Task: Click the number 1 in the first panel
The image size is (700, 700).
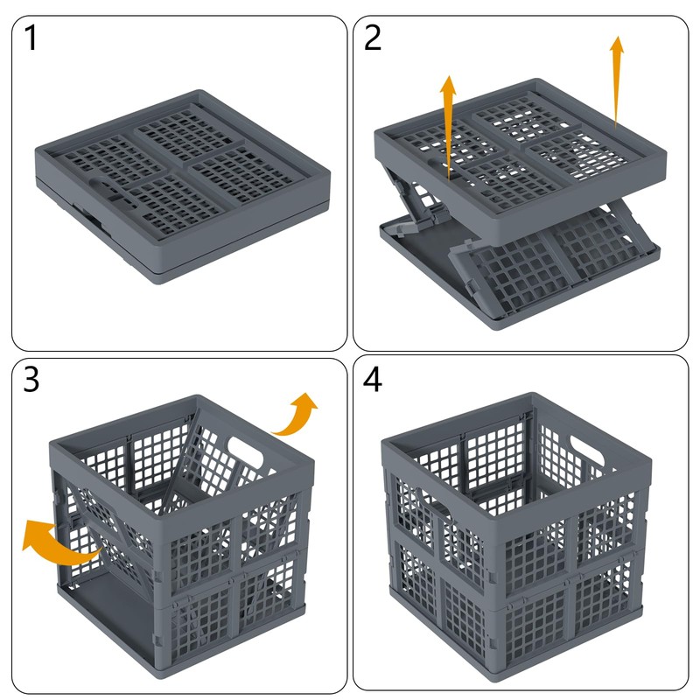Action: coord(31,39)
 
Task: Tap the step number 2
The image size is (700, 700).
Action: coord(373,39)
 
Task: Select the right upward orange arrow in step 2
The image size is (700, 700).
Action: coord(617,79)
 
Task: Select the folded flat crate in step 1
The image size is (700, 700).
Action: coord(179,184)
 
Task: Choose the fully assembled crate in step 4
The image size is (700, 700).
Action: coord(516,542)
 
